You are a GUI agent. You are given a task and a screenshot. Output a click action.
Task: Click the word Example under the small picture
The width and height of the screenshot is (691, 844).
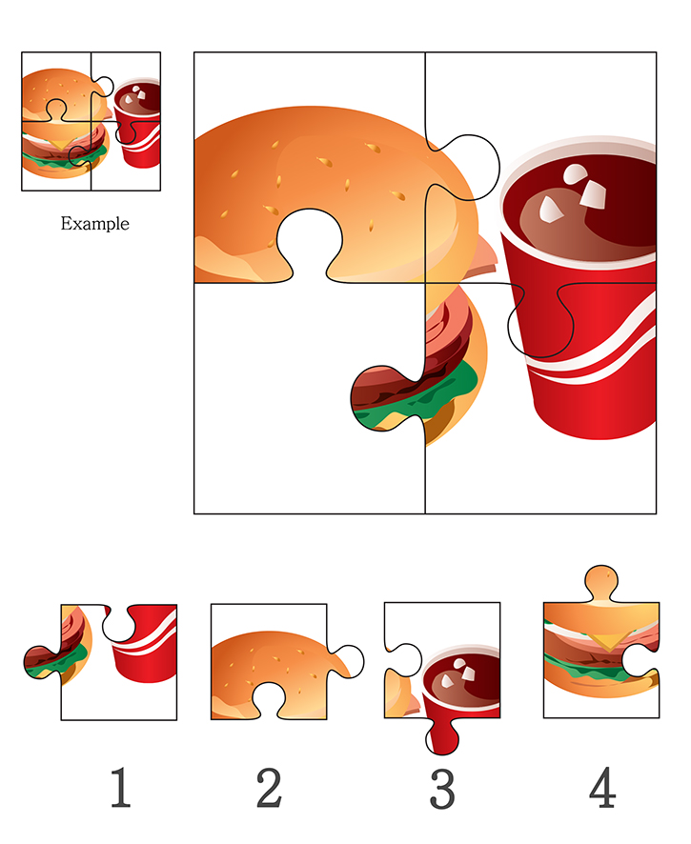[x=94, y=223]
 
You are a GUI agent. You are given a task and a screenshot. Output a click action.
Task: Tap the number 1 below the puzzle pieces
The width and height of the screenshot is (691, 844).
[x=121, y=787]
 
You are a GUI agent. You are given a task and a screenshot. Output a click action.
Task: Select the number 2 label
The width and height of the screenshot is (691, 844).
[x=269, y=788]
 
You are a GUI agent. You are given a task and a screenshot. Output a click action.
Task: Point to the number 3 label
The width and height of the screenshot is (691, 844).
[x=442, y=789]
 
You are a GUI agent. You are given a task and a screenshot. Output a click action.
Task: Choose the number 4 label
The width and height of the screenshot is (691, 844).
[x=602, y=787]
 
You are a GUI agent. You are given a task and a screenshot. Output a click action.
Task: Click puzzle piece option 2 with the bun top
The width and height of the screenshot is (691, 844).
[x=280, y=662]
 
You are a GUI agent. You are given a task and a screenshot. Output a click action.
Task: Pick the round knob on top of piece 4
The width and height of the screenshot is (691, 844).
[x=601, y=581]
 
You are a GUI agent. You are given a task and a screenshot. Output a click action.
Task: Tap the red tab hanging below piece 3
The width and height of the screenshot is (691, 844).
[x=442, y=736]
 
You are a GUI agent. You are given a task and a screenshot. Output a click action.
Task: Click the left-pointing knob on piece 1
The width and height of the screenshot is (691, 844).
[x=42, y=662]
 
